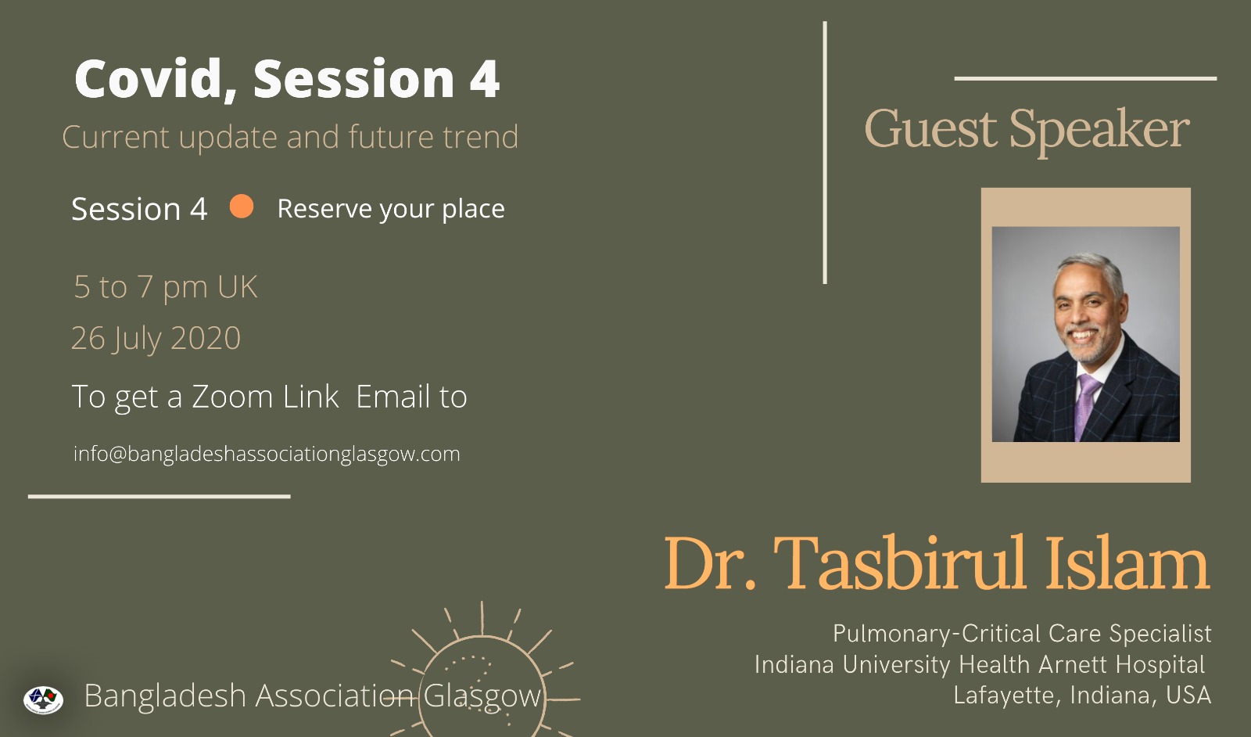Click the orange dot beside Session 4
[x=242, y=207]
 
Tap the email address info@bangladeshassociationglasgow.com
[x=267, y=454]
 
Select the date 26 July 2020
[x=156, y=338]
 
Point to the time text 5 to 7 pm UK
[x=165, y=286]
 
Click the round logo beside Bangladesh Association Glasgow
[x=43, y=699]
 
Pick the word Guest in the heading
[x=931, y=129]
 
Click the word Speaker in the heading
[x=1099, y=132]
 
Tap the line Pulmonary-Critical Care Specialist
[x=1022, y=634]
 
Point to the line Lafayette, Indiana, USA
[x=1082, y=696]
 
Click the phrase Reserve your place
[x=391, y=209]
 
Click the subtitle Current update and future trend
[x=290, y=138]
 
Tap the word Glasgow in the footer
[x=482, y=697]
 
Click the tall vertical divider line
[x=825, y=153]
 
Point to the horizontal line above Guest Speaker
[x=1086, y=79]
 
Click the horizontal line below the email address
[x=160, y=496]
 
